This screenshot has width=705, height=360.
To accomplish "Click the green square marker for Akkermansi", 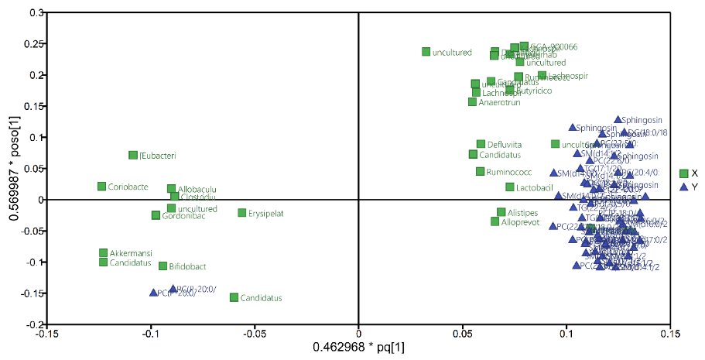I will tap(103, 253).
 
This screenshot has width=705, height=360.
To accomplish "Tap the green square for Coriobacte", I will tap(101, 187).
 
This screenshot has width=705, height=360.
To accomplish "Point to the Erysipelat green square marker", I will tap(241, 213).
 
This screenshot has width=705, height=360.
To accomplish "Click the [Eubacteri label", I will tap(158, 156).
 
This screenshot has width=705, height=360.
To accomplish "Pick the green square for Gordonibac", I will tap(156, 215).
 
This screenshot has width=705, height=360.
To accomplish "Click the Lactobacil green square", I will tap(510, 187).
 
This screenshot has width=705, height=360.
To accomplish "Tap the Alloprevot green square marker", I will tap(495, 222).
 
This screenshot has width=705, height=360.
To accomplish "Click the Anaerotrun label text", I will tap(499, 102).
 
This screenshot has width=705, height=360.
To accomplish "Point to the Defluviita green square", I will tap(481, 144).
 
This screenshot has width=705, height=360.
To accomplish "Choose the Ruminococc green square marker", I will tap(480, 172).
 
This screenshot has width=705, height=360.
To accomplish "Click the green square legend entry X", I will tap(683, 174).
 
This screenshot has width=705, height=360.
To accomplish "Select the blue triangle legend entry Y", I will tap(683, 187).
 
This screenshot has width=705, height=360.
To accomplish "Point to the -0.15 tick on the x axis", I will tap(46, 334).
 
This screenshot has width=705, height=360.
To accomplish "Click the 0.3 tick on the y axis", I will tap(34, 13).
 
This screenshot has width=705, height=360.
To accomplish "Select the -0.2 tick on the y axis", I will tap(33, 324).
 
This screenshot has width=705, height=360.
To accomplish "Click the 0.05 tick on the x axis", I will tap(463, 334).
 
